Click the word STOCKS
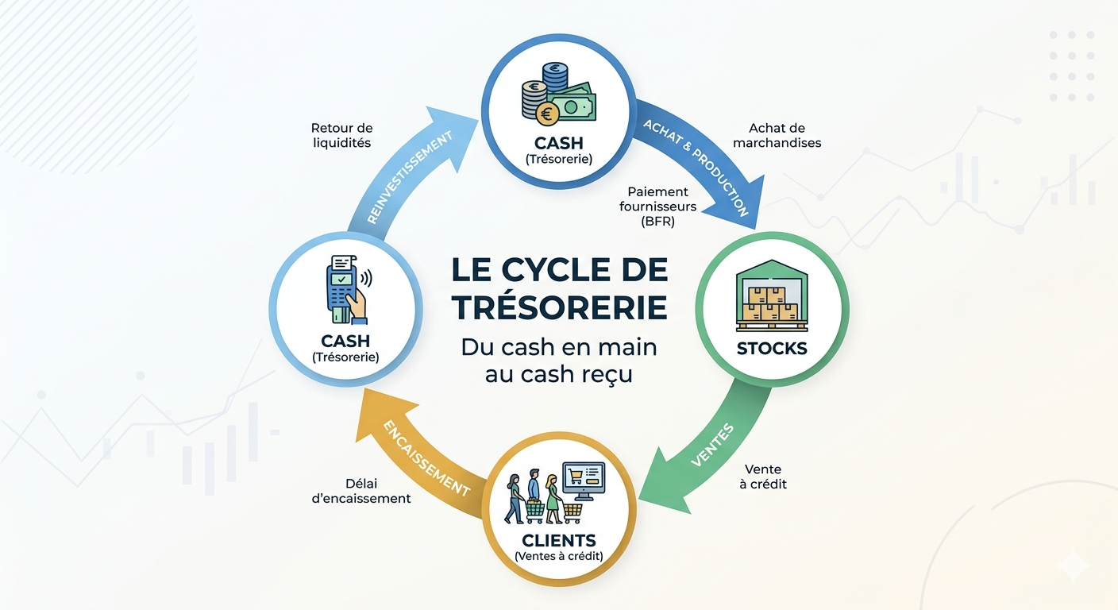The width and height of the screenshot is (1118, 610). click(771, 348)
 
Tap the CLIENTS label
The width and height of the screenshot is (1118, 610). click(558, 541)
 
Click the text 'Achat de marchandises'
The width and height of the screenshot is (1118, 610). click(777, 136)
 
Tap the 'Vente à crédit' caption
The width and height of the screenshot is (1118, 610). click(763, 477)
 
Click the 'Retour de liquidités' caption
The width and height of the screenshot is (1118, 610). click(341, 136)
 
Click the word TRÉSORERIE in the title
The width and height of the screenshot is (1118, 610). click(560, 308)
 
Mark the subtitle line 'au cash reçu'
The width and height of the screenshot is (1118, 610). click(559, 374)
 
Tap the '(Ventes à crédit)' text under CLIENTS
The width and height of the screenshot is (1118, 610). click(558, 556)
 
